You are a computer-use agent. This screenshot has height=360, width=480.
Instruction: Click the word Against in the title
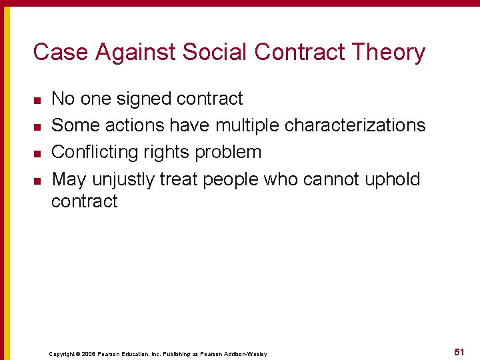pos(127,52)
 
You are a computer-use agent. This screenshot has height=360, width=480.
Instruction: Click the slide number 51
pos(459,351)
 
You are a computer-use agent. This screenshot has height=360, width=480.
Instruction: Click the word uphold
pos(393,179)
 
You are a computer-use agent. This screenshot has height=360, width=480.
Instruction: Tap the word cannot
pos(327,179)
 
